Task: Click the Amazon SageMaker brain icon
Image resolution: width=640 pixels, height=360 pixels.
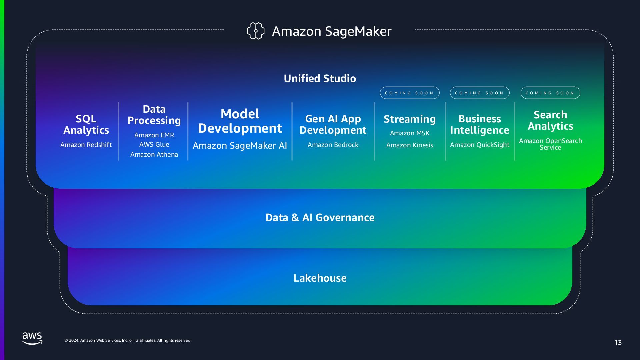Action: click(x=255, y=31)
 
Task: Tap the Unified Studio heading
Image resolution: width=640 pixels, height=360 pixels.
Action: click(x=320, y=78)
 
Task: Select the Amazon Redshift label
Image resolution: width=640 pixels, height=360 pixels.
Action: click(x=86, y=145)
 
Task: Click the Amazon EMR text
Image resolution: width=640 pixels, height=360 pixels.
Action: click(x=154, y=135)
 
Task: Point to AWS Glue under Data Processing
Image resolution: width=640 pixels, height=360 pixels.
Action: click(x=154, y=144)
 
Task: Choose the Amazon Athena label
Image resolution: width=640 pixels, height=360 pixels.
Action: click(x=154, y=154)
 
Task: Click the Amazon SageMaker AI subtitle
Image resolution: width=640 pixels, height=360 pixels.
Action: click(x=240, y=145)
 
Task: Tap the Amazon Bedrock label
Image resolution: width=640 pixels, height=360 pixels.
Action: click(x=333, y=145)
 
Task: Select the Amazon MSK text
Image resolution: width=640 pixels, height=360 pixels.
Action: click(x=410, y=133)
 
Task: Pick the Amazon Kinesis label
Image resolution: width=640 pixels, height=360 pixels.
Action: click(x=410, y=145)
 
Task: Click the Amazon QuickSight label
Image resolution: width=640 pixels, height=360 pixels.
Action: click(x=479, y=145)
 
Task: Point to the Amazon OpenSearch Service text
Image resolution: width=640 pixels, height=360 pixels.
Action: click(x=550, y=144)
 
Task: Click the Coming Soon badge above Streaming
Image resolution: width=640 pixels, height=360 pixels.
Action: click(x=410, y=93)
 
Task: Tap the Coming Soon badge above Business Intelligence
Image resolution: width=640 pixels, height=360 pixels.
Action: click(x=479, y=93)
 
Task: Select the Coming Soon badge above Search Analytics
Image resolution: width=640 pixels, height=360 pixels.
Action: click(x=550, y=93)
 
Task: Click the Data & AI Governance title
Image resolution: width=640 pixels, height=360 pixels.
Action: click(x=320, y=217)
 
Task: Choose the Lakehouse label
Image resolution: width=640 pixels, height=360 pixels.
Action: click(x=320, y=278)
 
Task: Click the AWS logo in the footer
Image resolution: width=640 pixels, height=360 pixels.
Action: click(x=32, y=338)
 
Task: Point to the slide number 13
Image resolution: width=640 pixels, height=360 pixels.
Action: click(x=618, y=342)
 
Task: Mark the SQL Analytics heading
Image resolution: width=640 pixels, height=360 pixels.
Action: click(x=86, y=124)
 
